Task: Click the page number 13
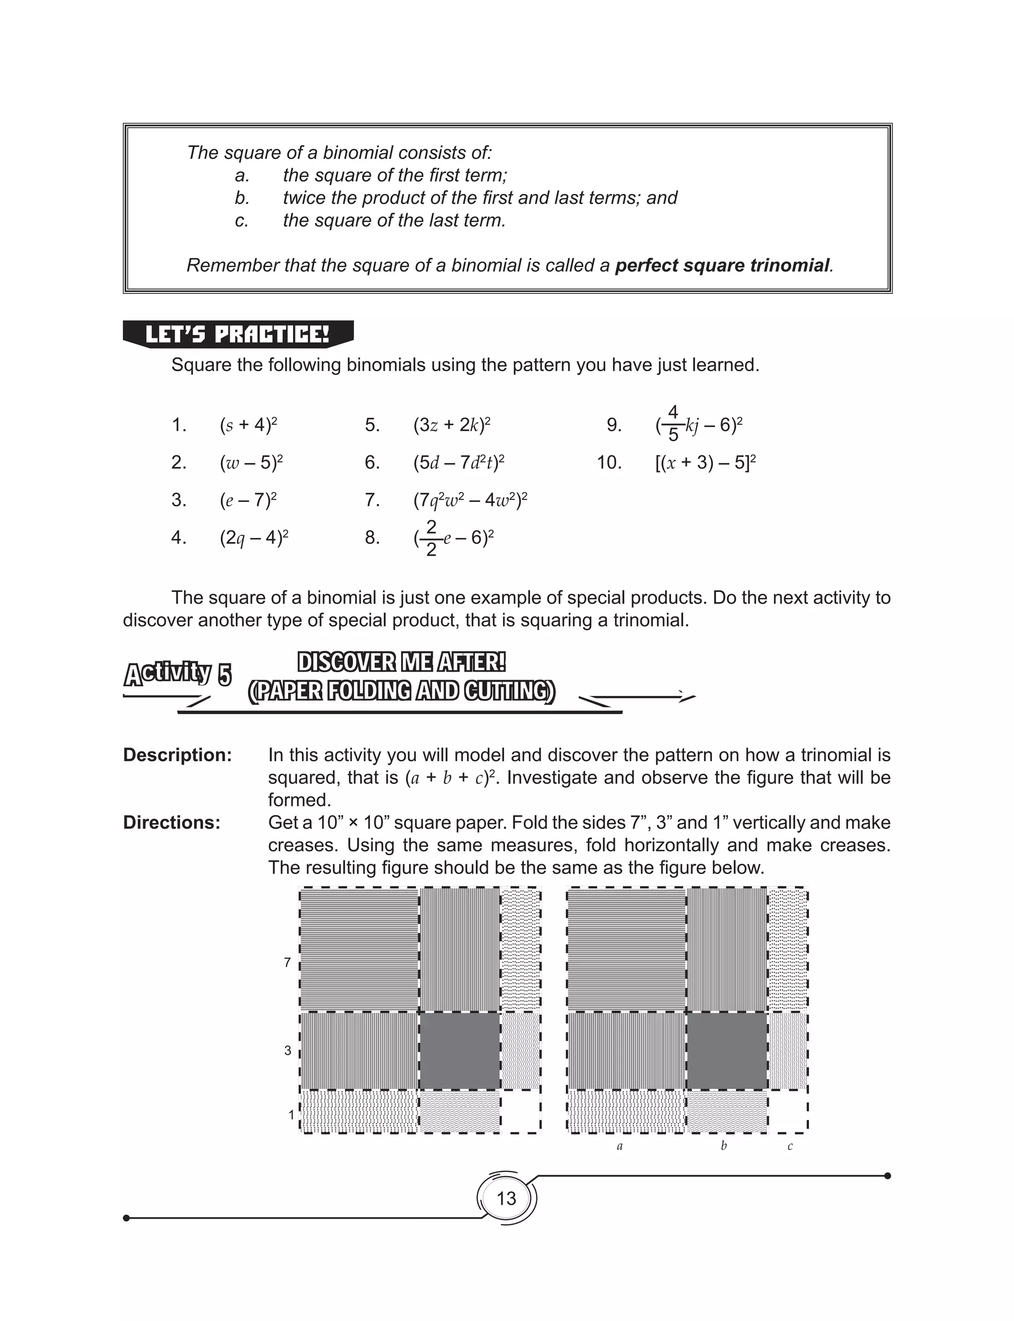(x=506, y=1198)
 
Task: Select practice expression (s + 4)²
(x=248, y=425)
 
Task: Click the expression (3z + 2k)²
(x=452, y=425)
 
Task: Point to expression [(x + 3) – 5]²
(x=706, y=463)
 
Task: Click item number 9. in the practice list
(x=614, y=425)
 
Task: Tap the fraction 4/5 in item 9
(x=673, y=424)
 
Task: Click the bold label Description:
(x=177, y=755)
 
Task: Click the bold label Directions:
(x=172, y=823)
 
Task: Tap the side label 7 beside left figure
(x=288, y=963)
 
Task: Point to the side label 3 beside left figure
(x=288, y=1051)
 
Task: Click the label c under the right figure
(x=790, y=1147)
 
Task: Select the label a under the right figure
(x=619, y=1147)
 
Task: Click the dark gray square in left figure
(x=459, y=1051)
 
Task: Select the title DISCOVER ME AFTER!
(x=402, y=662)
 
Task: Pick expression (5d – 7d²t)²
(x=458, y=463)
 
